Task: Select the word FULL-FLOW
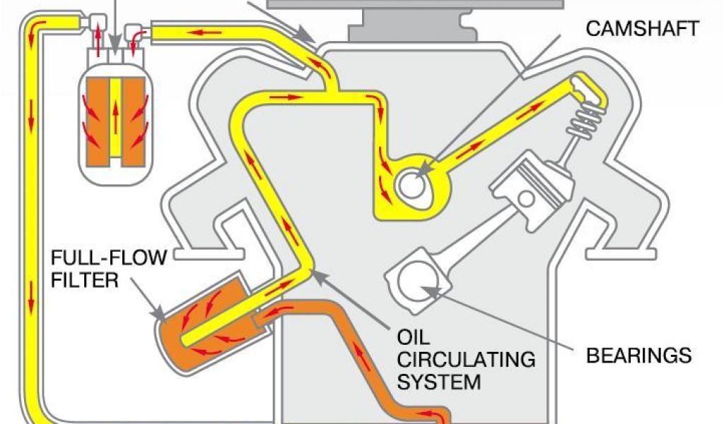(109, 257)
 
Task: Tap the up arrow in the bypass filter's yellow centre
(115, 117)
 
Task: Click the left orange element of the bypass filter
(95, 117)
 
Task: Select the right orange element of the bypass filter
(134, 117)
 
